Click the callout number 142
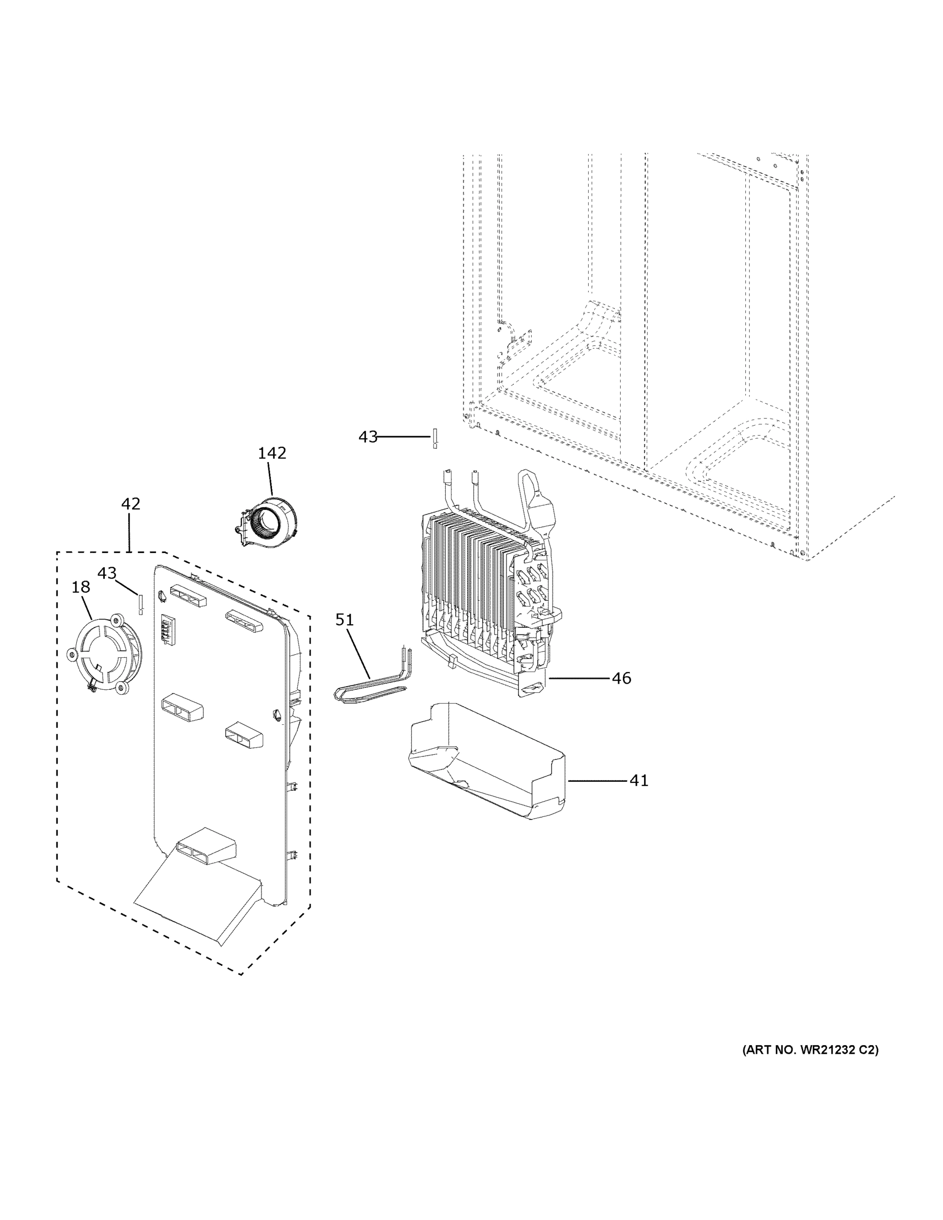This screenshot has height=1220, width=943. click(x=271, y=453)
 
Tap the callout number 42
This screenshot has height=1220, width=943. click(x=131, y=504)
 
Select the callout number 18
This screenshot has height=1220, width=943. click(x=80, y=587)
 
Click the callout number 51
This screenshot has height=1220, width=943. click(x=345, y=620)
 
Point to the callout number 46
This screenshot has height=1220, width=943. click(x=621, y=678)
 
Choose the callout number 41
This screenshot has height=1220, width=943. click(x=638, y=780)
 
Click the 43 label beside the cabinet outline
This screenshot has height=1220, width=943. click(x=368, y=437)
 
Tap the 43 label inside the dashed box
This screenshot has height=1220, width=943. click(x=107, y=573)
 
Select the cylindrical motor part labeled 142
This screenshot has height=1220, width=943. click(x=267, y=522)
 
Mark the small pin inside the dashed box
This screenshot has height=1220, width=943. click(x=141, y=604)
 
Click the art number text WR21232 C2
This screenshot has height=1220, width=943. click(x=809, y=1050)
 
